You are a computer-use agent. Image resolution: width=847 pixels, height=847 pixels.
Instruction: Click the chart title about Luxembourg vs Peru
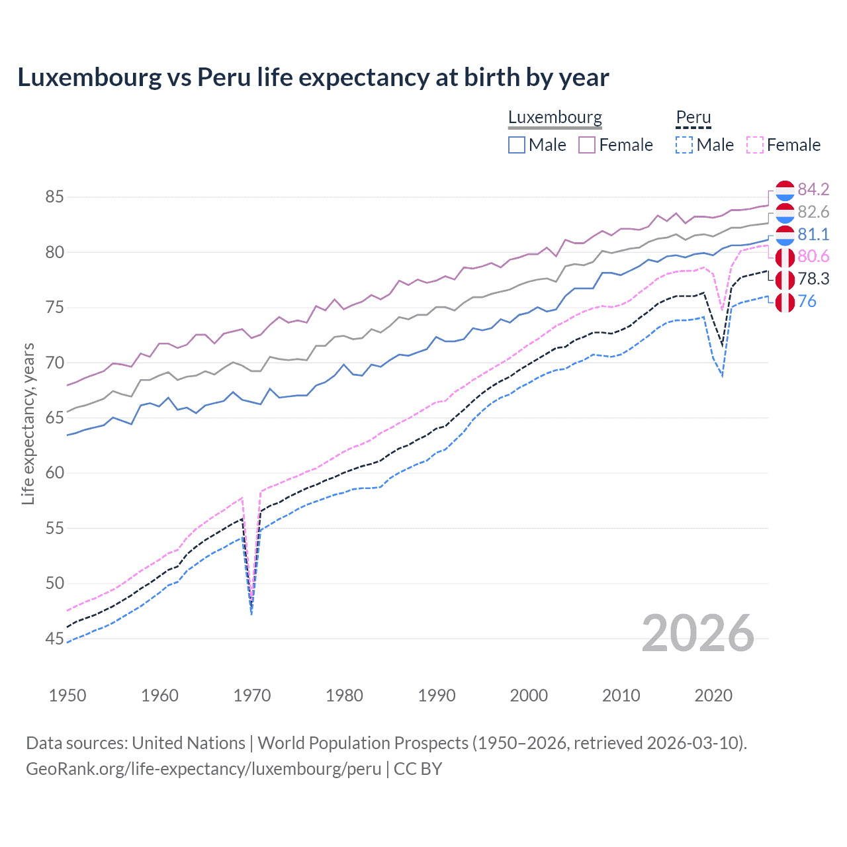tap(313, 77)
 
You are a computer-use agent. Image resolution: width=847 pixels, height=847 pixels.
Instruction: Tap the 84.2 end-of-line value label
tap(813, 190)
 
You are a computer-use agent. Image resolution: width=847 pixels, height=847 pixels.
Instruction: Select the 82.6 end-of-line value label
tap(813, 212)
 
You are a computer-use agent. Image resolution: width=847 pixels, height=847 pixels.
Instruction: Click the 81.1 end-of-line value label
tap(813, 235)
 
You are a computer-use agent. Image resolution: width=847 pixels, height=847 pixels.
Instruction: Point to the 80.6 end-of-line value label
tap(813, 257)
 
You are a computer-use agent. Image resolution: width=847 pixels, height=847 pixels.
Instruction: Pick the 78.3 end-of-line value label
tap(813, 279)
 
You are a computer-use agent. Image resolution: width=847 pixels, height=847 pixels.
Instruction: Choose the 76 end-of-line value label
tap(807, 302)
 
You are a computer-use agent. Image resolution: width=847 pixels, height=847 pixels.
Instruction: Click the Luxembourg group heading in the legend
tap(555, 118)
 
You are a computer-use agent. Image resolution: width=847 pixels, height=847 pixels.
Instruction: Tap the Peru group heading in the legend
tap(693, 118)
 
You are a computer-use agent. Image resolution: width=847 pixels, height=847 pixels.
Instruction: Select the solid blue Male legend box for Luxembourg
tap(517, 145)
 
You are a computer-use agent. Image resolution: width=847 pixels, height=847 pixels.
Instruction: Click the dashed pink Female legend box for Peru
tap(755, 145)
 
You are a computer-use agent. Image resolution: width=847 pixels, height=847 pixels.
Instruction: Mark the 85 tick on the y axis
tap(55, 197)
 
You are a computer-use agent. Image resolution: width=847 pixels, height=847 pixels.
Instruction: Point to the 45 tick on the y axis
tap(55, 639)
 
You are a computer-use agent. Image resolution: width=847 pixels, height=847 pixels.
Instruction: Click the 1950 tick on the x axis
tap(67, 695)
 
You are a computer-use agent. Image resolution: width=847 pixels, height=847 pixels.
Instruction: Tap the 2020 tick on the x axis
tap(713, 695)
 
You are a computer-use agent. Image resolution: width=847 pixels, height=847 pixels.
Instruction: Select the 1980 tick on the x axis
tap(344, 695)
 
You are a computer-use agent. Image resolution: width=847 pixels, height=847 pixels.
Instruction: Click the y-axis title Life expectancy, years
tap(28, 423)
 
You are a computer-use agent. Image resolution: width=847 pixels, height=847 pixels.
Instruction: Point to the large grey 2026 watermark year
tap(697, 633)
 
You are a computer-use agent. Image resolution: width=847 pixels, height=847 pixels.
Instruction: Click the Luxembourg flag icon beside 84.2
tap(785, 190)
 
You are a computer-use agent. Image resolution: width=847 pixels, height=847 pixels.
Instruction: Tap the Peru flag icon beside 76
tap(785, 302)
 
